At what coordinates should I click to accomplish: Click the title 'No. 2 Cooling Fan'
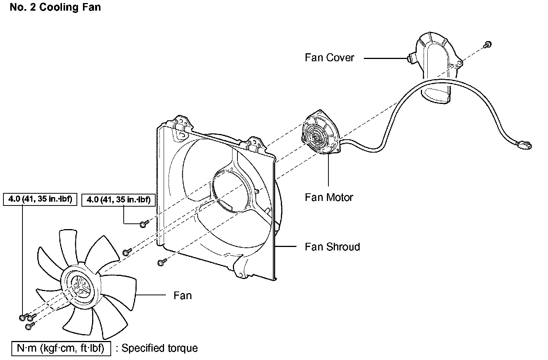pos(55,7)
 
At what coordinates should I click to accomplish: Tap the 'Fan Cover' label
pos(329,58)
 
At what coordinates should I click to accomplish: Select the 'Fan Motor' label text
pos(329,197)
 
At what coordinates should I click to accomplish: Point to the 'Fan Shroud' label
pos(332,247)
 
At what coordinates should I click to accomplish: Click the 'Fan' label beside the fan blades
pos(183,296)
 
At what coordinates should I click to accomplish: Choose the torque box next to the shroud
pos(118,199)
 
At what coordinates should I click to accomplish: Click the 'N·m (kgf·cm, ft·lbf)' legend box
pos(61,348)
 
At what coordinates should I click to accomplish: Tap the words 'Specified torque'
pos(160,348)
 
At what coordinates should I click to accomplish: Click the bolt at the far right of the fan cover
pos(487,45)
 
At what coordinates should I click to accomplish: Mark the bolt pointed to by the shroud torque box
pos(143,224)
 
